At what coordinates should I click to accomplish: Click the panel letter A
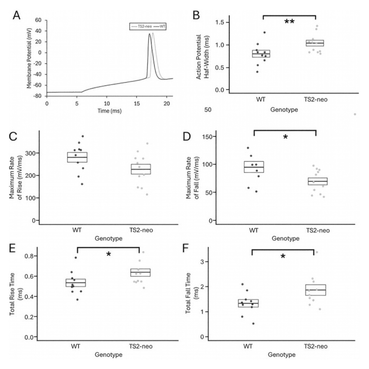pos(16,16)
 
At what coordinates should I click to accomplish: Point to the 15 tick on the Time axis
pos(137,103)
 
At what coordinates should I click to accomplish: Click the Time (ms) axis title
pos(109,111)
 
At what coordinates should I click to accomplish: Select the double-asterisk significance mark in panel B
pos(289,22)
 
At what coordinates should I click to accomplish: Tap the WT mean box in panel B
pos(261,54)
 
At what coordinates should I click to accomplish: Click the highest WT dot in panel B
pos(264,32)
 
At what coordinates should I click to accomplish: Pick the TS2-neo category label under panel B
pos(315,100)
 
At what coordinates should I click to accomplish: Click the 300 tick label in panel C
pos(31,153)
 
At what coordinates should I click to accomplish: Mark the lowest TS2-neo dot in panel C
pos(147,195)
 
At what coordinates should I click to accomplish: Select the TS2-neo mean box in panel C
pos(141,169)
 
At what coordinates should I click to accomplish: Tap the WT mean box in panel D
pos(254,167)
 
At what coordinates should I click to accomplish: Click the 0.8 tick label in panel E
pos(30,256)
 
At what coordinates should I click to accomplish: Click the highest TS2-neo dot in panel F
pos(317,252)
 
